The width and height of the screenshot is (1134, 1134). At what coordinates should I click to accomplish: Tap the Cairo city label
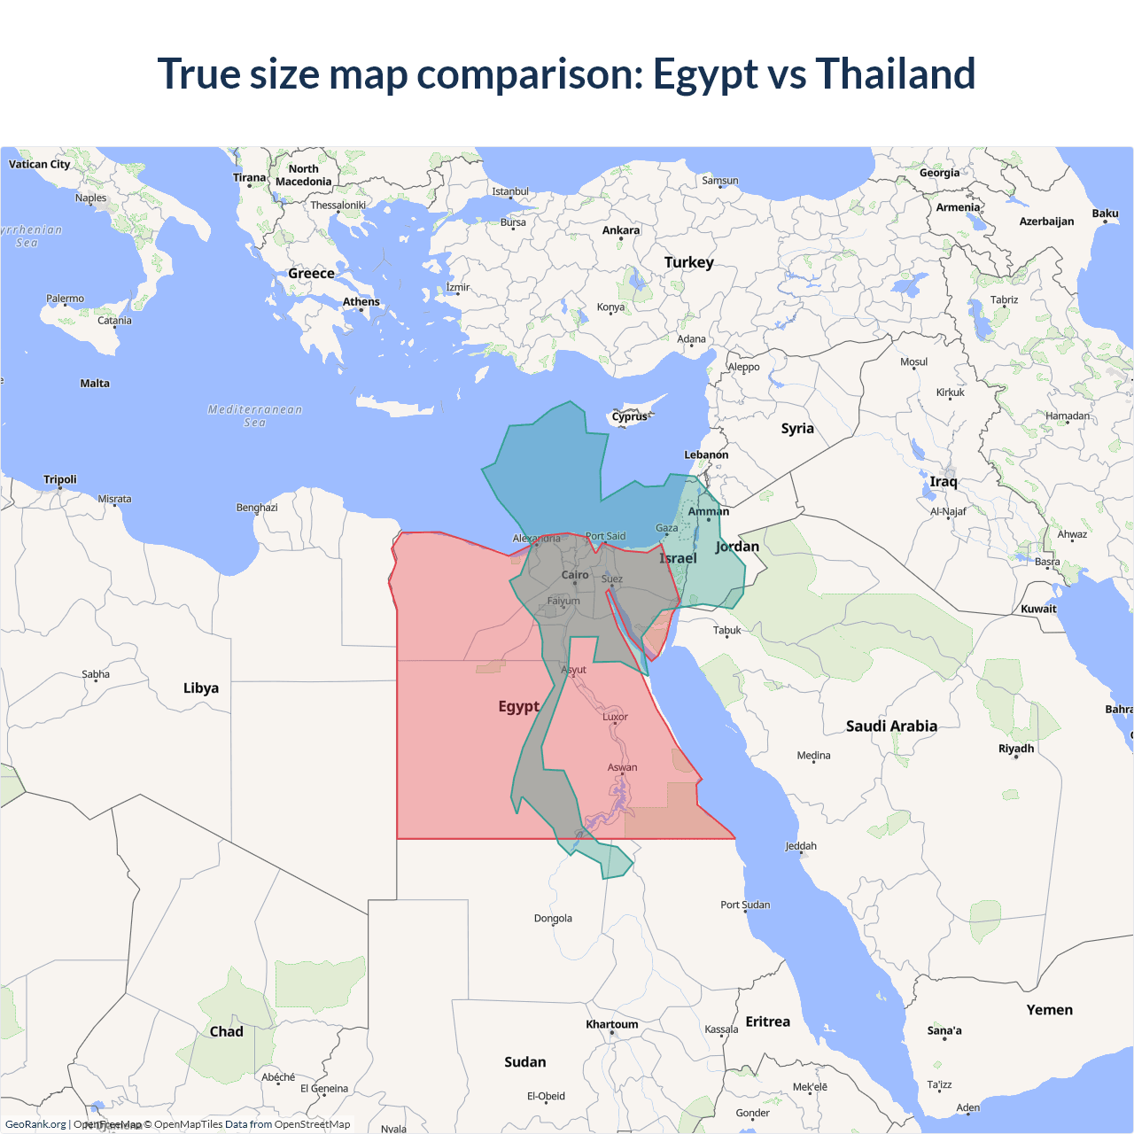[575, 575]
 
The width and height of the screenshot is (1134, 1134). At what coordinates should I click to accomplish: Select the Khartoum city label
[611, 1024]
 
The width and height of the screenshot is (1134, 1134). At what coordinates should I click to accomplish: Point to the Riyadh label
[1016, 749]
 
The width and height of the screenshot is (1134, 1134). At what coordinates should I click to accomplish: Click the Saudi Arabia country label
[891, 726]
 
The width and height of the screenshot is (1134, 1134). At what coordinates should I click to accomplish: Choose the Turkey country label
[688, 262]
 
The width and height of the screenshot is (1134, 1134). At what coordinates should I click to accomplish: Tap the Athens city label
[361, 302]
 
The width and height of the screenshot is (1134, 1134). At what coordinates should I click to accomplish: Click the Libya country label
[201, 687]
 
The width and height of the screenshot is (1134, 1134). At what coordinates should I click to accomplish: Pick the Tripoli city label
[60, 479]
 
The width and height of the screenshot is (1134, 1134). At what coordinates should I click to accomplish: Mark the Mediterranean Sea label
[255, 416]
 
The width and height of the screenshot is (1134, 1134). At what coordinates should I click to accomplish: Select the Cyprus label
[630, 416]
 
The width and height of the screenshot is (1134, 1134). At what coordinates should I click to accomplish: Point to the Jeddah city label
[801, 846]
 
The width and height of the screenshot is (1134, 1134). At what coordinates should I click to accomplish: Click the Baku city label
[1105, 214]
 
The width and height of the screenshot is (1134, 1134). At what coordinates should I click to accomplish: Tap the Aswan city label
[622, 767]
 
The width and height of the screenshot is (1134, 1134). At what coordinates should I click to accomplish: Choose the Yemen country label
[1049, 1010]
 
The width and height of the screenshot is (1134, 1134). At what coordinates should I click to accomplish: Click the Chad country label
[226, 1031]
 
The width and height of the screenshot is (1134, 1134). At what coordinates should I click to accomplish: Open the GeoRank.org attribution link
[35, 1124]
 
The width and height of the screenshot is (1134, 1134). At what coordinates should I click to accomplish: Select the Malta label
[95, 384]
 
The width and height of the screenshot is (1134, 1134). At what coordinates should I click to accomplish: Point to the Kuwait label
[1038, 609]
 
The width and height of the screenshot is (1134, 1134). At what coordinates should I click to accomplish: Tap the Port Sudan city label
[745, 905]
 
